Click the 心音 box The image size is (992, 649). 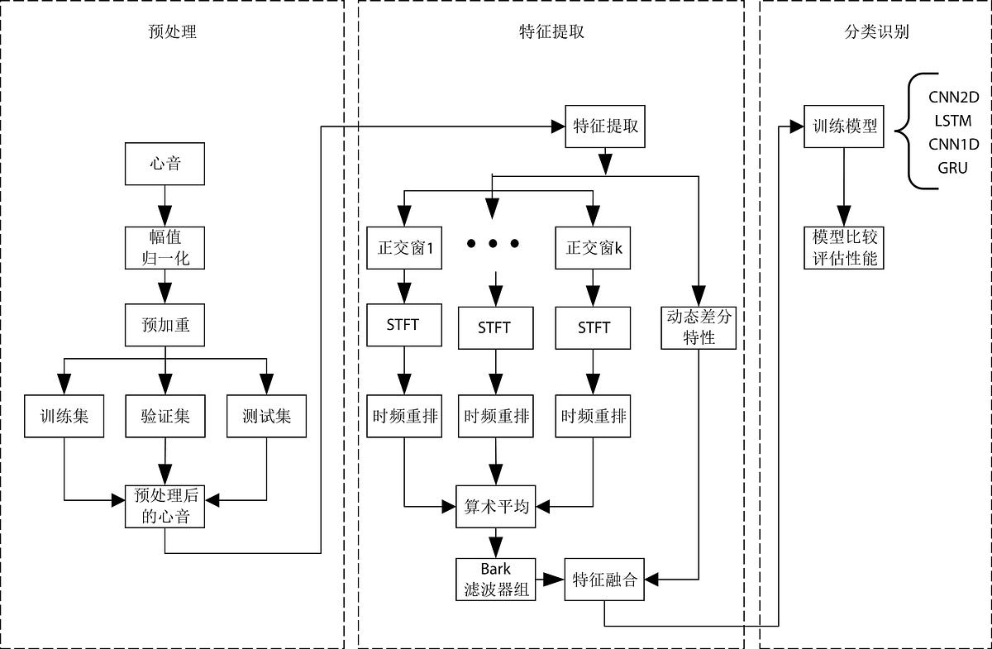165,164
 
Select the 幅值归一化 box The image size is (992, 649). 165,246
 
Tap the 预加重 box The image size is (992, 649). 165,325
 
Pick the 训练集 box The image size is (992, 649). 64,416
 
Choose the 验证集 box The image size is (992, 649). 165,416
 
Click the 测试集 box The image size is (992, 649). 267,416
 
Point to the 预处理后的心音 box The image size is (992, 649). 165,506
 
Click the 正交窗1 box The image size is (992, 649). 403,246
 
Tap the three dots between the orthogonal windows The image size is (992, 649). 493,243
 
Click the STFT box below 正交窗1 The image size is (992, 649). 403,325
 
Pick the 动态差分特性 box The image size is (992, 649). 699,327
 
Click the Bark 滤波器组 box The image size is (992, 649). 496,579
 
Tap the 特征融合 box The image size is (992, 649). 606,579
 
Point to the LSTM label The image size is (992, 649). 952,122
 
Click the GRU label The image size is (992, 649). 952,168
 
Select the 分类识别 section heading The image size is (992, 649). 875,33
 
